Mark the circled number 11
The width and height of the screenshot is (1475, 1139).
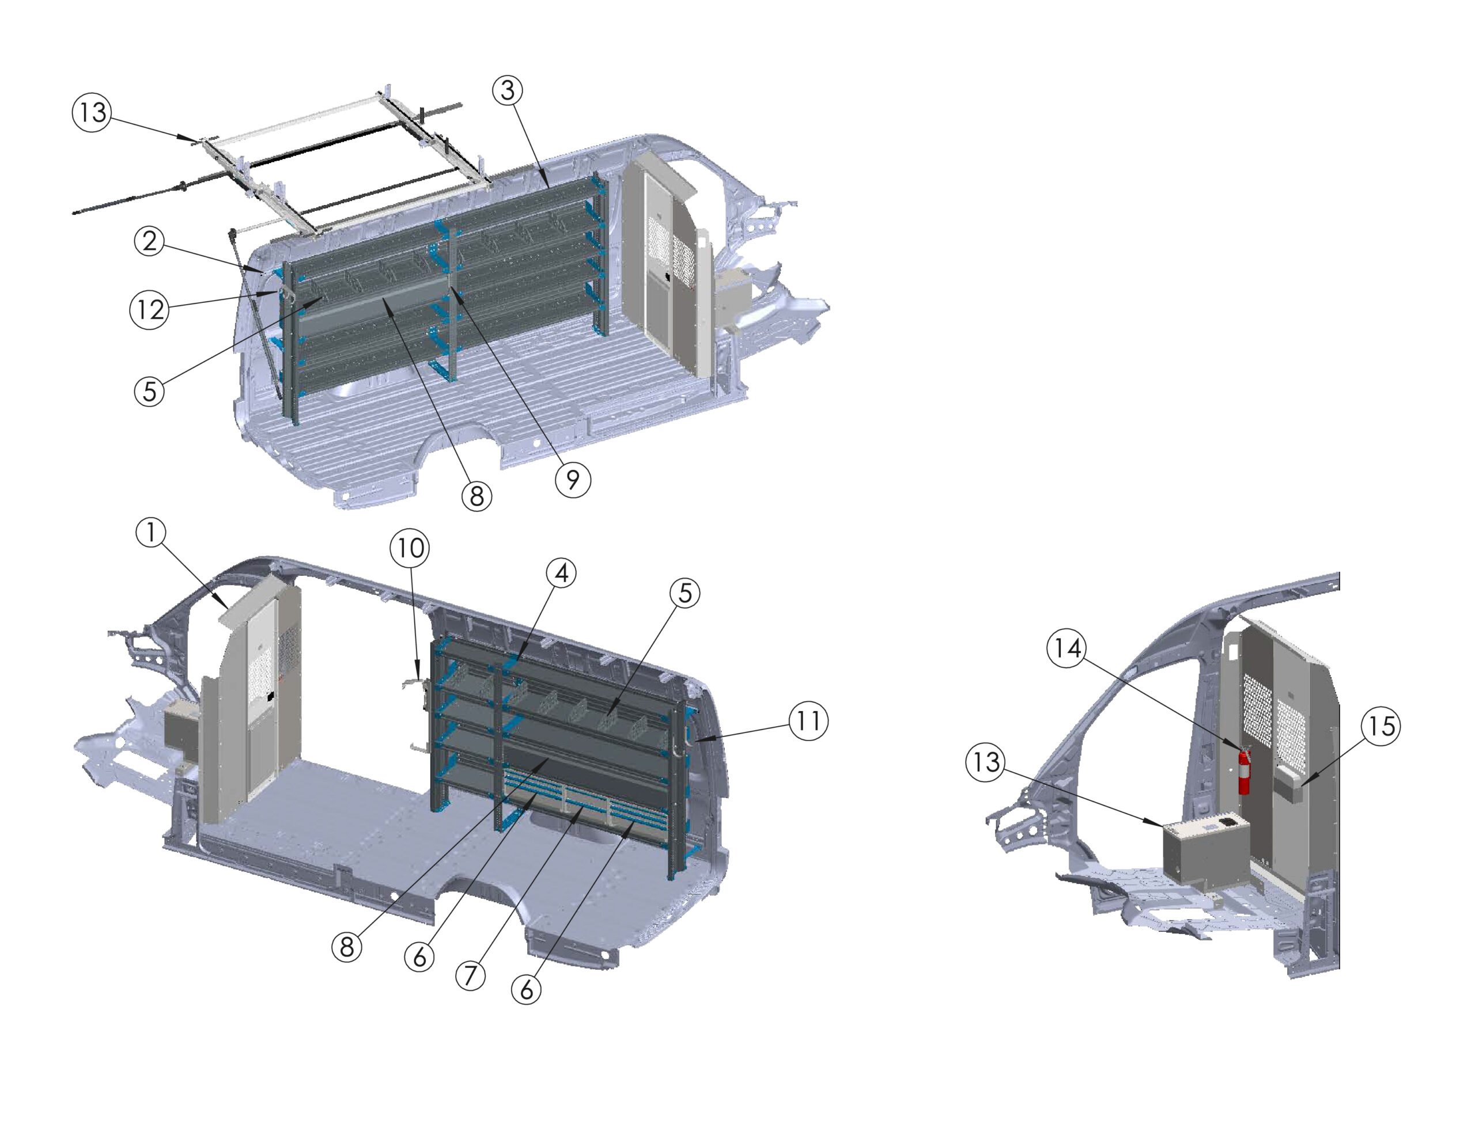pos(808,721)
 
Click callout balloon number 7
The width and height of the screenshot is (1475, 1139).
pos(471,975)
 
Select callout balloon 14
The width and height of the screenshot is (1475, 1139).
pos(1068,649)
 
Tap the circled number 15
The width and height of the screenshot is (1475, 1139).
pos(1381,727)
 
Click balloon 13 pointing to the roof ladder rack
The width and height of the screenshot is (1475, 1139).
pos(92,112)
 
